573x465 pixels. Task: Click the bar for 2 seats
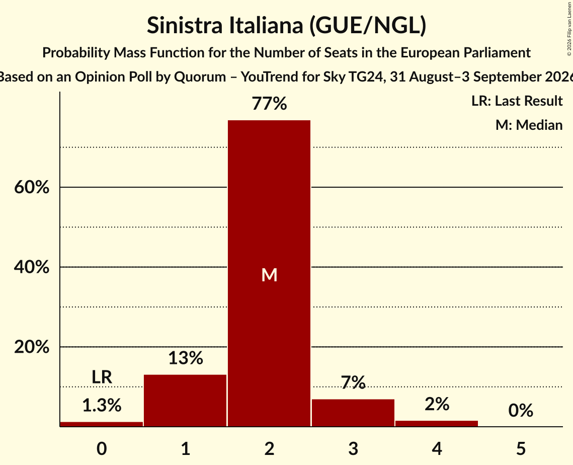pos(269,273)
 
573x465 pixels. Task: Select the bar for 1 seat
pos(185,401)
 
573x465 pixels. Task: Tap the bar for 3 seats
pos(353,413)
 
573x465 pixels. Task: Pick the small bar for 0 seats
pos(102,424)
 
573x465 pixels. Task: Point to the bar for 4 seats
pos(437,424)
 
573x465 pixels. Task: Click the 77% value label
pos(269,104)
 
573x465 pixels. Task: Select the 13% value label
pos(186,358)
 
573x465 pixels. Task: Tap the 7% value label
pos(353,382)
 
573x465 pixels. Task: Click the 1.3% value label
pos(102,406)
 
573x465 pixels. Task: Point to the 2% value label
pos(437,404)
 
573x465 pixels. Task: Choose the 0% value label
pos(521,410)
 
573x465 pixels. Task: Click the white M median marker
pos(269,275)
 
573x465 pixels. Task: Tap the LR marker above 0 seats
pos(102,377)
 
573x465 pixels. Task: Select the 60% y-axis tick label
pos(32,187)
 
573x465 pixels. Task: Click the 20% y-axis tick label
pos(32,347)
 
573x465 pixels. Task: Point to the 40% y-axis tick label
pos(32,267)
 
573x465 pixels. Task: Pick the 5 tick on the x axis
pos(521,448)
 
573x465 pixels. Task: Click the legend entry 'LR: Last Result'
pos(517,101)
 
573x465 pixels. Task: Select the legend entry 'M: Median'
pos(529,125)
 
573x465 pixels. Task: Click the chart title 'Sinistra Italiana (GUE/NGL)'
pos(287,25)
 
